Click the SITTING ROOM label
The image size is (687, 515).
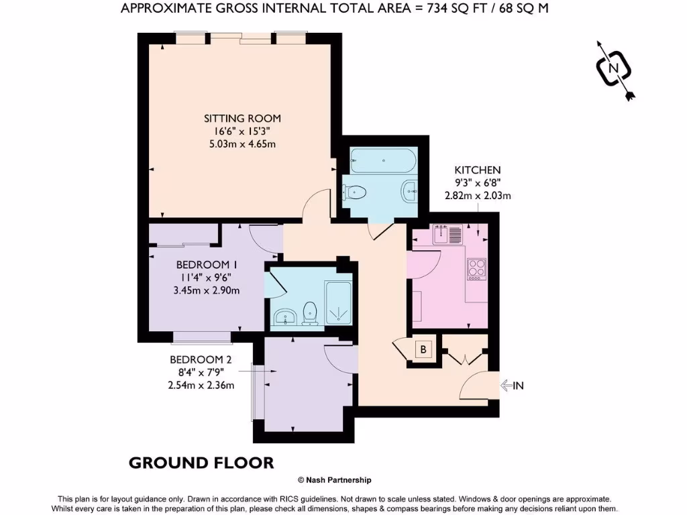point(242,118)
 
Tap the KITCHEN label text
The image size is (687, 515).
point(478,170)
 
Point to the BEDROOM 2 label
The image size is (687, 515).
point(201,359)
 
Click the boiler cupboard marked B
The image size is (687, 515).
point(423,349)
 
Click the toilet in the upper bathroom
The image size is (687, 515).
point(355,193)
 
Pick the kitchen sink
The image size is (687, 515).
point(447,235)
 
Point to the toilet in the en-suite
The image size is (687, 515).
point(310,312)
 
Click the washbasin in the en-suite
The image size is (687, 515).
point(285,317)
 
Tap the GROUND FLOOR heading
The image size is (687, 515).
point(201,463)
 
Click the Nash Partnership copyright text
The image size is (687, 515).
point(334,480)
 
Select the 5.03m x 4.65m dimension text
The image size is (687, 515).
point(242,144)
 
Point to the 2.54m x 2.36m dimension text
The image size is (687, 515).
point(201,385)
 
